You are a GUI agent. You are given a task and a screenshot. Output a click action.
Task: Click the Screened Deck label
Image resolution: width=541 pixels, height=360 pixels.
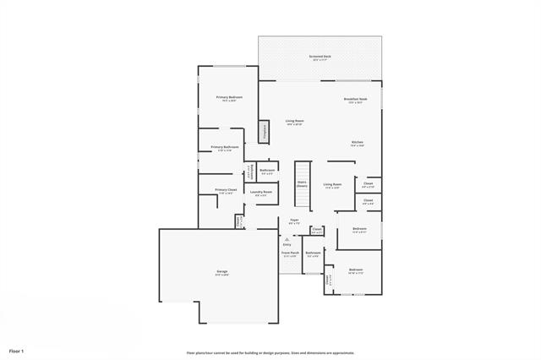(x=321, y=57)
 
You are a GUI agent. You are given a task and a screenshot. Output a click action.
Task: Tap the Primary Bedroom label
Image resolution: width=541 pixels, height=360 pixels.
(x=230, y=98)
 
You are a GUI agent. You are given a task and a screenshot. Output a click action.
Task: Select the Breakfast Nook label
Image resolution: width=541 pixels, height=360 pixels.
(x=355, y=100)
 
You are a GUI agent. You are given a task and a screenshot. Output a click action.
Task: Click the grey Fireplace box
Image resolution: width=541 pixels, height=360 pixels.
(x=264, y=131)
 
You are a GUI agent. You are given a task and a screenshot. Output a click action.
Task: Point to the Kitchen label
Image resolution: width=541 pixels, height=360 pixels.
(x=358, y=142)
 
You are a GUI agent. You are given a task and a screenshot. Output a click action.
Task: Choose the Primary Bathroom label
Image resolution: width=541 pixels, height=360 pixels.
(x=224, y=148)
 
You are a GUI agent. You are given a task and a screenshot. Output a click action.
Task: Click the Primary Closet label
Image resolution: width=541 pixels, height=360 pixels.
(x=226, y=190)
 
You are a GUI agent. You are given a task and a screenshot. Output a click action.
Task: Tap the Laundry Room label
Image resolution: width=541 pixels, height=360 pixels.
(x=260, y=192)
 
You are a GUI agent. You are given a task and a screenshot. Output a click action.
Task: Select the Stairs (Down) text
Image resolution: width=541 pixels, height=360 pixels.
(x=301, y=183)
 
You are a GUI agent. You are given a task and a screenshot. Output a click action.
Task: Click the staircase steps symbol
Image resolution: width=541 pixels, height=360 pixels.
(x=301, y=199)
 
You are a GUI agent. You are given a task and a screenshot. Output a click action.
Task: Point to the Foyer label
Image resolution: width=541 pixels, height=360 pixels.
(x=294, y=221)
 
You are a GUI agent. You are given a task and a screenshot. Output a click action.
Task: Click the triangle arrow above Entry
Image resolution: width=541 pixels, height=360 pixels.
(x=287, y=239)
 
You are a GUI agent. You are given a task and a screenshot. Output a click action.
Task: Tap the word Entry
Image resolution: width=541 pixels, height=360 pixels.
(x=287, y=245)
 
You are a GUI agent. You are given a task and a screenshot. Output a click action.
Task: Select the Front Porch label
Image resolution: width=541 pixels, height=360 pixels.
(x=290, y=253)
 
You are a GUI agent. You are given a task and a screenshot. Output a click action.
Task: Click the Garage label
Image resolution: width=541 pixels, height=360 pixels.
(x=221, y=271)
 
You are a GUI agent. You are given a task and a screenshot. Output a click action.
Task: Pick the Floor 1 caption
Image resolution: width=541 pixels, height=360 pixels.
(x=17, y=350)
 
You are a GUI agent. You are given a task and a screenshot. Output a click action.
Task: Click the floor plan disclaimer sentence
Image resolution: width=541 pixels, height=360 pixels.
(x=270, y=352)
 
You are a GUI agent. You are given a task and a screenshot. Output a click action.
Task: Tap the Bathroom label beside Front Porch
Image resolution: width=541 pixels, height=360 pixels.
(x=313, y=253)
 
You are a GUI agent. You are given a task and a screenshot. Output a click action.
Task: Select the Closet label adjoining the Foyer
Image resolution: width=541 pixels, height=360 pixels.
(x=317, y=229)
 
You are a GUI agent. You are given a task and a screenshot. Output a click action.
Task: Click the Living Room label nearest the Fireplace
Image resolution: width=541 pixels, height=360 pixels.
(x=294, y=122)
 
